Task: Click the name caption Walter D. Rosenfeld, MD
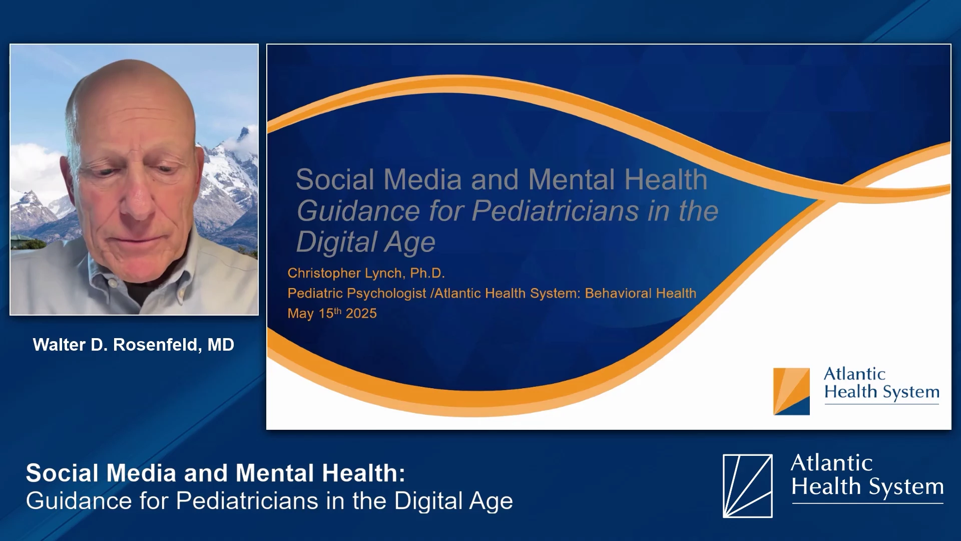[133, 345]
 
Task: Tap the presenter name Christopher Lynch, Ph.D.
[366, 273]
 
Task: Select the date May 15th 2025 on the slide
[332, 313]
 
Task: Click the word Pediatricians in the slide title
[555, 210]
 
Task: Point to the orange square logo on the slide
[791, 391]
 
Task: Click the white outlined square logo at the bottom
[747, 485]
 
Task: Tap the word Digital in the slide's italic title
[336, 242]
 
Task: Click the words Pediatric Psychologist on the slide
[357, 293]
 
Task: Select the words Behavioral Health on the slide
[641, 293]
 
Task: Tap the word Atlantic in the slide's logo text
[854, 374]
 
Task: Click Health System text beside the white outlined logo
[867, 486]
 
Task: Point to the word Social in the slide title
[335, 179]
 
